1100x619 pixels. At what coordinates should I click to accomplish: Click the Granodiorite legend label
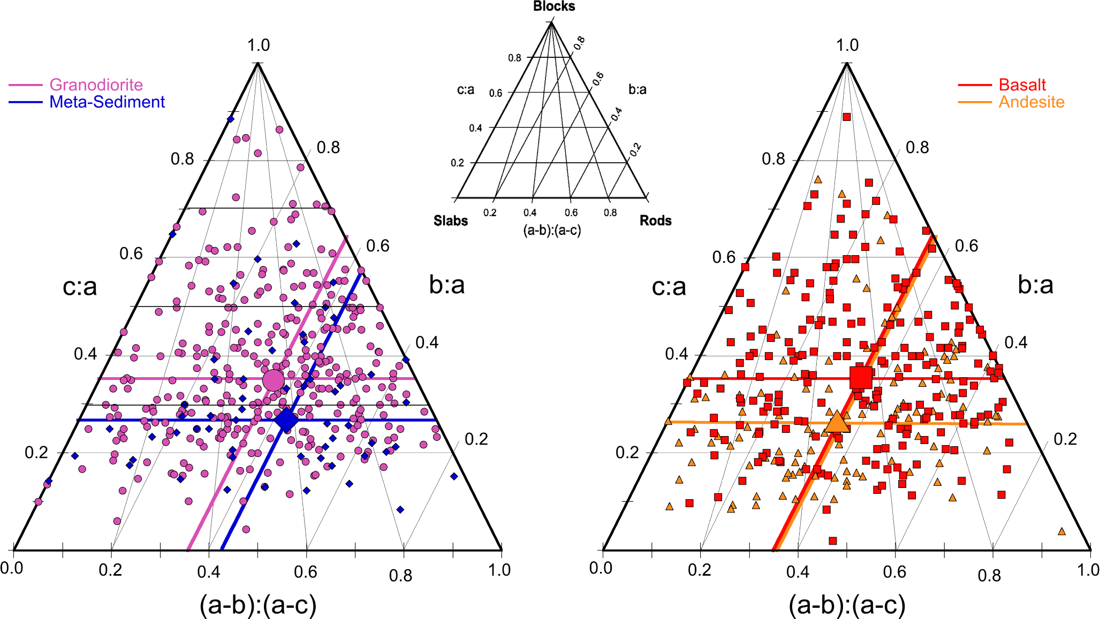[x=96, y=85]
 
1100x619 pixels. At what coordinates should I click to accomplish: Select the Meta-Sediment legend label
[x=107, y=102]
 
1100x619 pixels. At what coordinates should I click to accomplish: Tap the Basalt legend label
[x=1022, y=85]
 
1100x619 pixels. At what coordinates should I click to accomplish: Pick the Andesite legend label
[x=1031, y=102]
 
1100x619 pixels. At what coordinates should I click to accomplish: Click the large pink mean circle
[x=274, y=380]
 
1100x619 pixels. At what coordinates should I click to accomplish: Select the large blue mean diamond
[x=286, y=419]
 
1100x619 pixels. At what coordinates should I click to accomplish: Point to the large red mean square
[x=861, y=377]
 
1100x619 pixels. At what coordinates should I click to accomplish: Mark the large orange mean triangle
[x=837, y=422]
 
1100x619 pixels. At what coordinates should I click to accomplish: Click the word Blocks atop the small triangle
[x=554, y=6]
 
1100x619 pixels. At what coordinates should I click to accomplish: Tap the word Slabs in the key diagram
[x=451, y=220]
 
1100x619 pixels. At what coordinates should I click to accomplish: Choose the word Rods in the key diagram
[x=655, y=220]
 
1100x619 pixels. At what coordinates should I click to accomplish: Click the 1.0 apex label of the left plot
[x=258, y=45]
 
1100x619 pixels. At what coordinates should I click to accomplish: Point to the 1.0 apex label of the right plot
[x=847, y=45]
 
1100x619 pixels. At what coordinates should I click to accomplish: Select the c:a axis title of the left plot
[x=80, y=287]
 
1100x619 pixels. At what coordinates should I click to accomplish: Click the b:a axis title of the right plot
[x=1035, y=285]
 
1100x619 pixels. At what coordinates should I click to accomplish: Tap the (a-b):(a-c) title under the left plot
[x=258, y=605]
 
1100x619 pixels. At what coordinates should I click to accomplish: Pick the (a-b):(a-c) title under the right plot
[x=847, y=605]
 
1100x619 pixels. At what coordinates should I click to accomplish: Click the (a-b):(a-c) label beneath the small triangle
[x=552, y=230]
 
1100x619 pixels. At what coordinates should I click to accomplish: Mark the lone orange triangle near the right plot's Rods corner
[x=1061, y=531]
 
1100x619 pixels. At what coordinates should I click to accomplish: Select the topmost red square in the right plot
[x=846, y=117]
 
